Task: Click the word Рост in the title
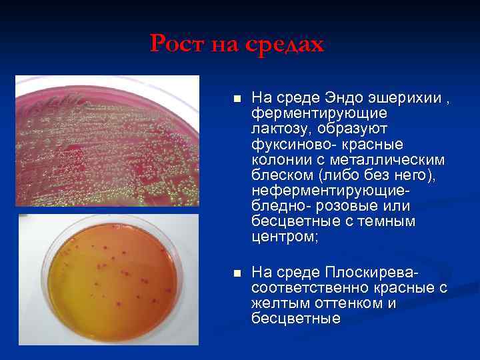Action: (x=177, y=44)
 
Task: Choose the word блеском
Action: (x=282, y=176)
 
